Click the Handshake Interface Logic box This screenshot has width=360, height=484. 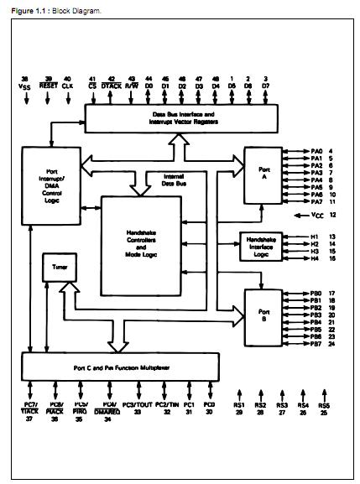(x=263, y=244)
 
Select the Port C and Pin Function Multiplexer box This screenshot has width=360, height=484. (x=119, y=367)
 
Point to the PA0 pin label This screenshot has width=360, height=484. (x=316, y=150)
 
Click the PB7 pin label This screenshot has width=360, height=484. (x=316, y=344)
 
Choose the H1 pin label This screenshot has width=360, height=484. (x=316, y=237)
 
